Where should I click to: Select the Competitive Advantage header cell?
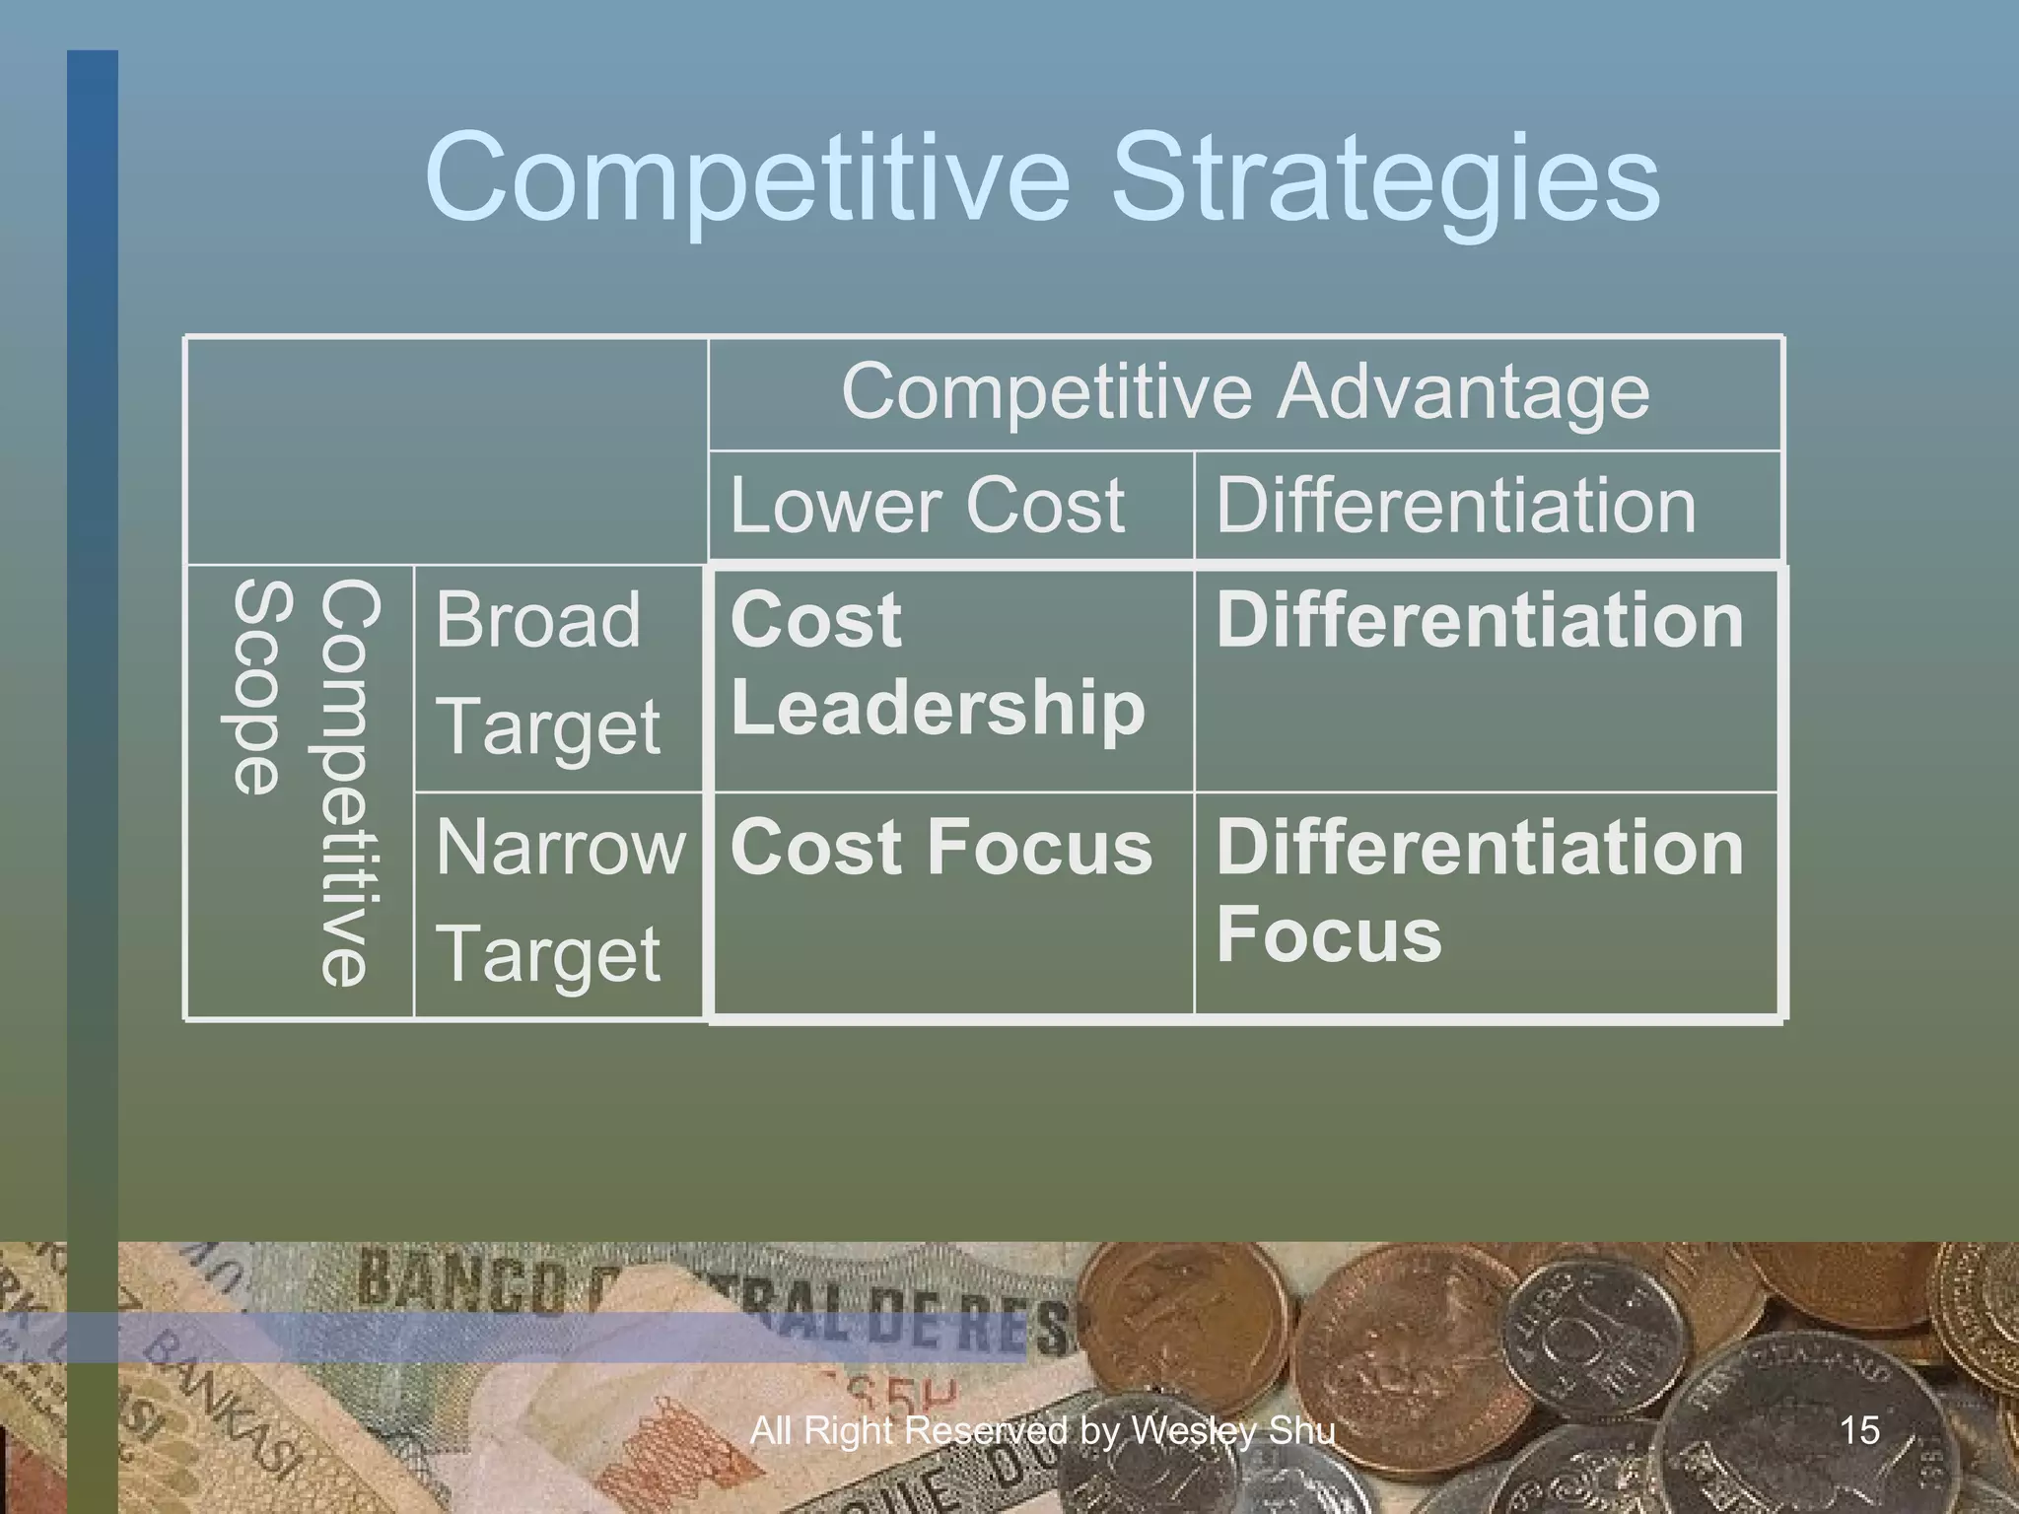pos(1244,392)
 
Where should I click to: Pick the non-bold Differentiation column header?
pos(1455,506)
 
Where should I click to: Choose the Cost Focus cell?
pos(940,848)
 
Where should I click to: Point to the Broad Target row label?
pos(548,673)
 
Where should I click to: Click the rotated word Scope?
pos(258,688)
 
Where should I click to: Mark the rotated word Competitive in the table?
pos(347,784)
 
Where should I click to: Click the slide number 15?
pos(1858,1429)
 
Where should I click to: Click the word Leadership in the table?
pos(937,708)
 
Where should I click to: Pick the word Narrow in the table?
pos(559,848)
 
